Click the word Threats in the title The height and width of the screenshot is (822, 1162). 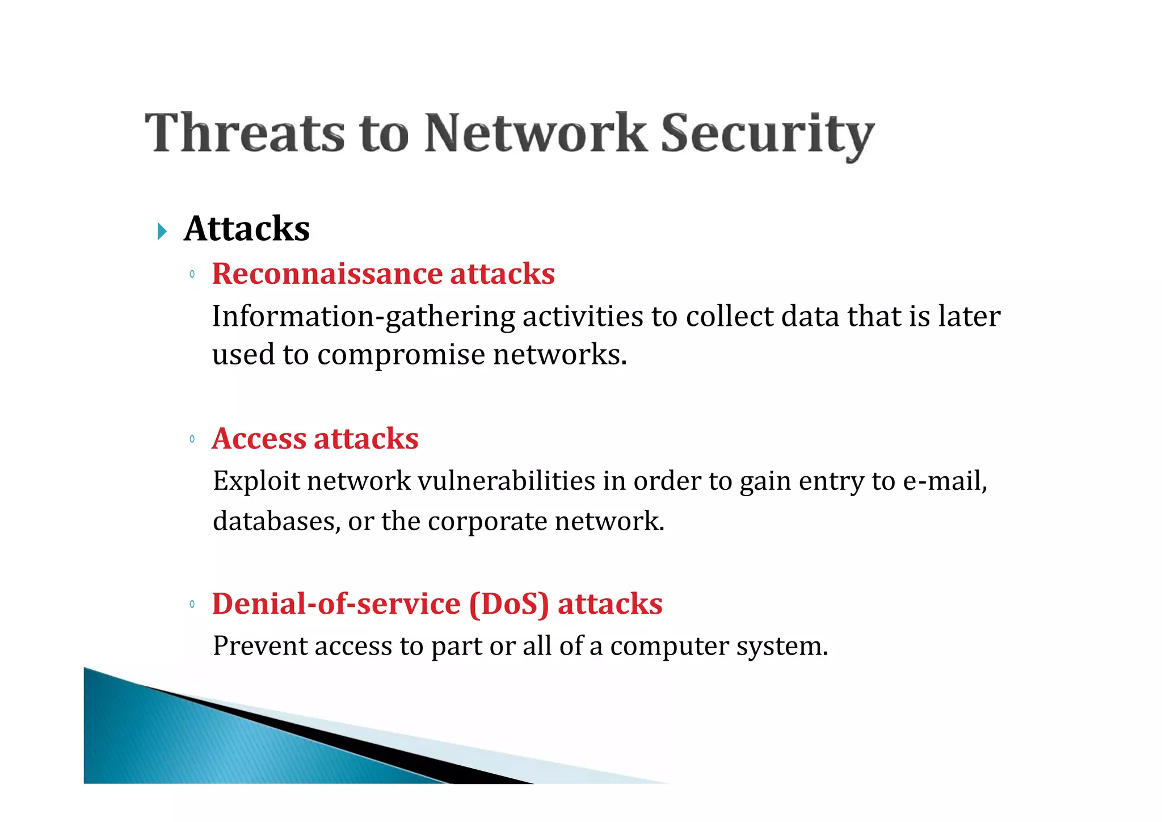pos(245,133)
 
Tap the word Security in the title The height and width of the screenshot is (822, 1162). pos(767,135)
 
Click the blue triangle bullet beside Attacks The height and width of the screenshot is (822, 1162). pos(162,231)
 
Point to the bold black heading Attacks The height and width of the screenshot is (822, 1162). pos(247,229)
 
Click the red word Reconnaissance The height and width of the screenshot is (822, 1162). pos(327,274)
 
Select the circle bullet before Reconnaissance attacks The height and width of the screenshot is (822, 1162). pos(192,275)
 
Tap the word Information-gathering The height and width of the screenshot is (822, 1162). pos(363,317)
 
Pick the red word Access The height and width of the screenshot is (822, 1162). pos(259,439)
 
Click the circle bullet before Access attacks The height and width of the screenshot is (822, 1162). pos(192,439)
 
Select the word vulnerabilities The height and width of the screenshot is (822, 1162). pos(506,481)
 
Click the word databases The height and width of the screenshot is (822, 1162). pos(276,521)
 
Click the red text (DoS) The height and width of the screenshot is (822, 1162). pos(509,604)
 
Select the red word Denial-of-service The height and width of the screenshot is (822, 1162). pos(336,604)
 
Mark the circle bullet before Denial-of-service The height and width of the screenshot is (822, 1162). pos(192,605)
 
